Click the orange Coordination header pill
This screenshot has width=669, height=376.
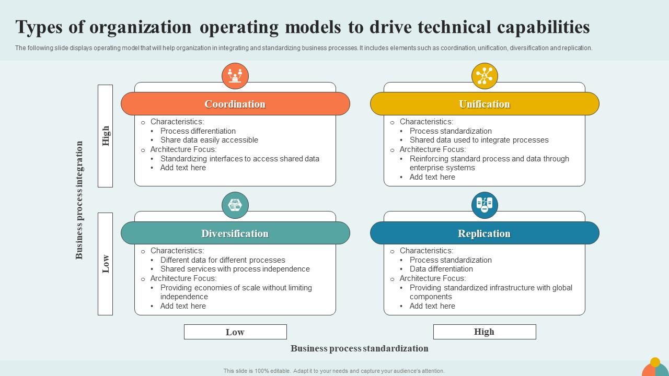pyautogui.click(x=235, y=104)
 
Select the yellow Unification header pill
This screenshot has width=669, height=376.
pyautogui.click(x=485, y=104)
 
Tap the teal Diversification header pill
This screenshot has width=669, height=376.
pyautogui.click(x=235, y=233)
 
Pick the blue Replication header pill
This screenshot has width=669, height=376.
pyautogui.click(x=485, y=233)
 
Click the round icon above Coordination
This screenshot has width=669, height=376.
pyautogui.click(x=235, y=76)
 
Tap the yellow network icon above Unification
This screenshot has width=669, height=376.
pyautogui.click(x=485, y=76)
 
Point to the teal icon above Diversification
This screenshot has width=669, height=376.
pyautogui.click(x=235, y=205)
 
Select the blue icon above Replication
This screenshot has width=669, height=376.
pyautogui.click(x=485, y=205)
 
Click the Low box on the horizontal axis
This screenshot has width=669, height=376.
pyautogui.click(x=235, y=332)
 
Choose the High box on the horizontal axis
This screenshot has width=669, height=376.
pyautogui.click(x=485, y=332)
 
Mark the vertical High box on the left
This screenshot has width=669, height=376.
pyautogui.click(x=106, y=136)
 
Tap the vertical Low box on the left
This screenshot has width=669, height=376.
pyautogui.click(x=106, y=264)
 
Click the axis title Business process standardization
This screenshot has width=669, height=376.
pyautogui.click(x=360, y=348)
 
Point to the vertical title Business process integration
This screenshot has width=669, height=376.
pyautogui.click(x=79, y=200)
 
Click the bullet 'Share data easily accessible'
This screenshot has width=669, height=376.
pyautogui.click(x=209, y=140)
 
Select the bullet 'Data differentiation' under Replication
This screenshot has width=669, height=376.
pyautogui.click(x=441, y=269)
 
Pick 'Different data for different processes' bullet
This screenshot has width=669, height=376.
pyautogui.click(x=223, y=260)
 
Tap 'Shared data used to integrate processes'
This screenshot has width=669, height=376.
pyautogui.click(x=479, y=140)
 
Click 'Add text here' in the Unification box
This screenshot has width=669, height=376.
pyautogui.click(x=432, y=177)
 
